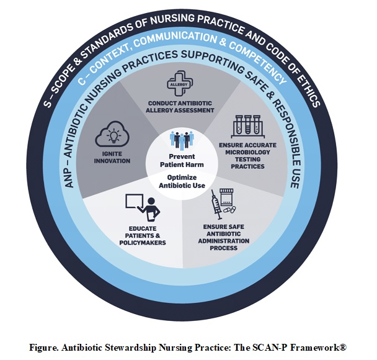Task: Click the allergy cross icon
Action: (180, 83)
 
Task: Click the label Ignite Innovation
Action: (113, 157)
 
